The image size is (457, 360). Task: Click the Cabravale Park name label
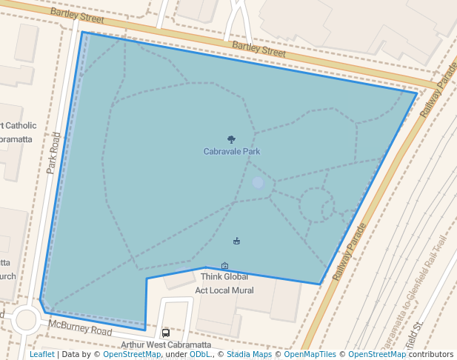click(232, 151)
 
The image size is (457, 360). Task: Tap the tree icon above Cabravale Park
click(232, 139)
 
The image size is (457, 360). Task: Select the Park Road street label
click(53, 153)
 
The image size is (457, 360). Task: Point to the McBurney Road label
click(80, 328)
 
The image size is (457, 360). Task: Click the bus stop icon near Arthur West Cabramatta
click(165, 333)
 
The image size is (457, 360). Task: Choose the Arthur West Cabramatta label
click(166, 344)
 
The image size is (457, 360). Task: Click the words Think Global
click(224, 276)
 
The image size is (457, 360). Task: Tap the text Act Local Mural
click(224, 290)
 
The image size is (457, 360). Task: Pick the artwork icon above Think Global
click(224, 265)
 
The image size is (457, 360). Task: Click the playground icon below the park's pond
click(236, 240)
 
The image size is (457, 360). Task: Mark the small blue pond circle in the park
click(257, 182)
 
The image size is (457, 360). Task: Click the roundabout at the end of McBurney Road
click(25, 320)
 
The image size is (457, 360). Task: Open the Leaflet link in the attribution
click(41, 354)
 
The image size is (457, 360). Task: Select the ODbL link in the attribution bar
click(199, 354)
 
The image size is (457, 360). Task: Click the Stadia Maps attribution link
click(249, 354)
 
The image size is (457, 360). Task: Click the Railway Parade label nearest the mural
click(350, 251)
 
